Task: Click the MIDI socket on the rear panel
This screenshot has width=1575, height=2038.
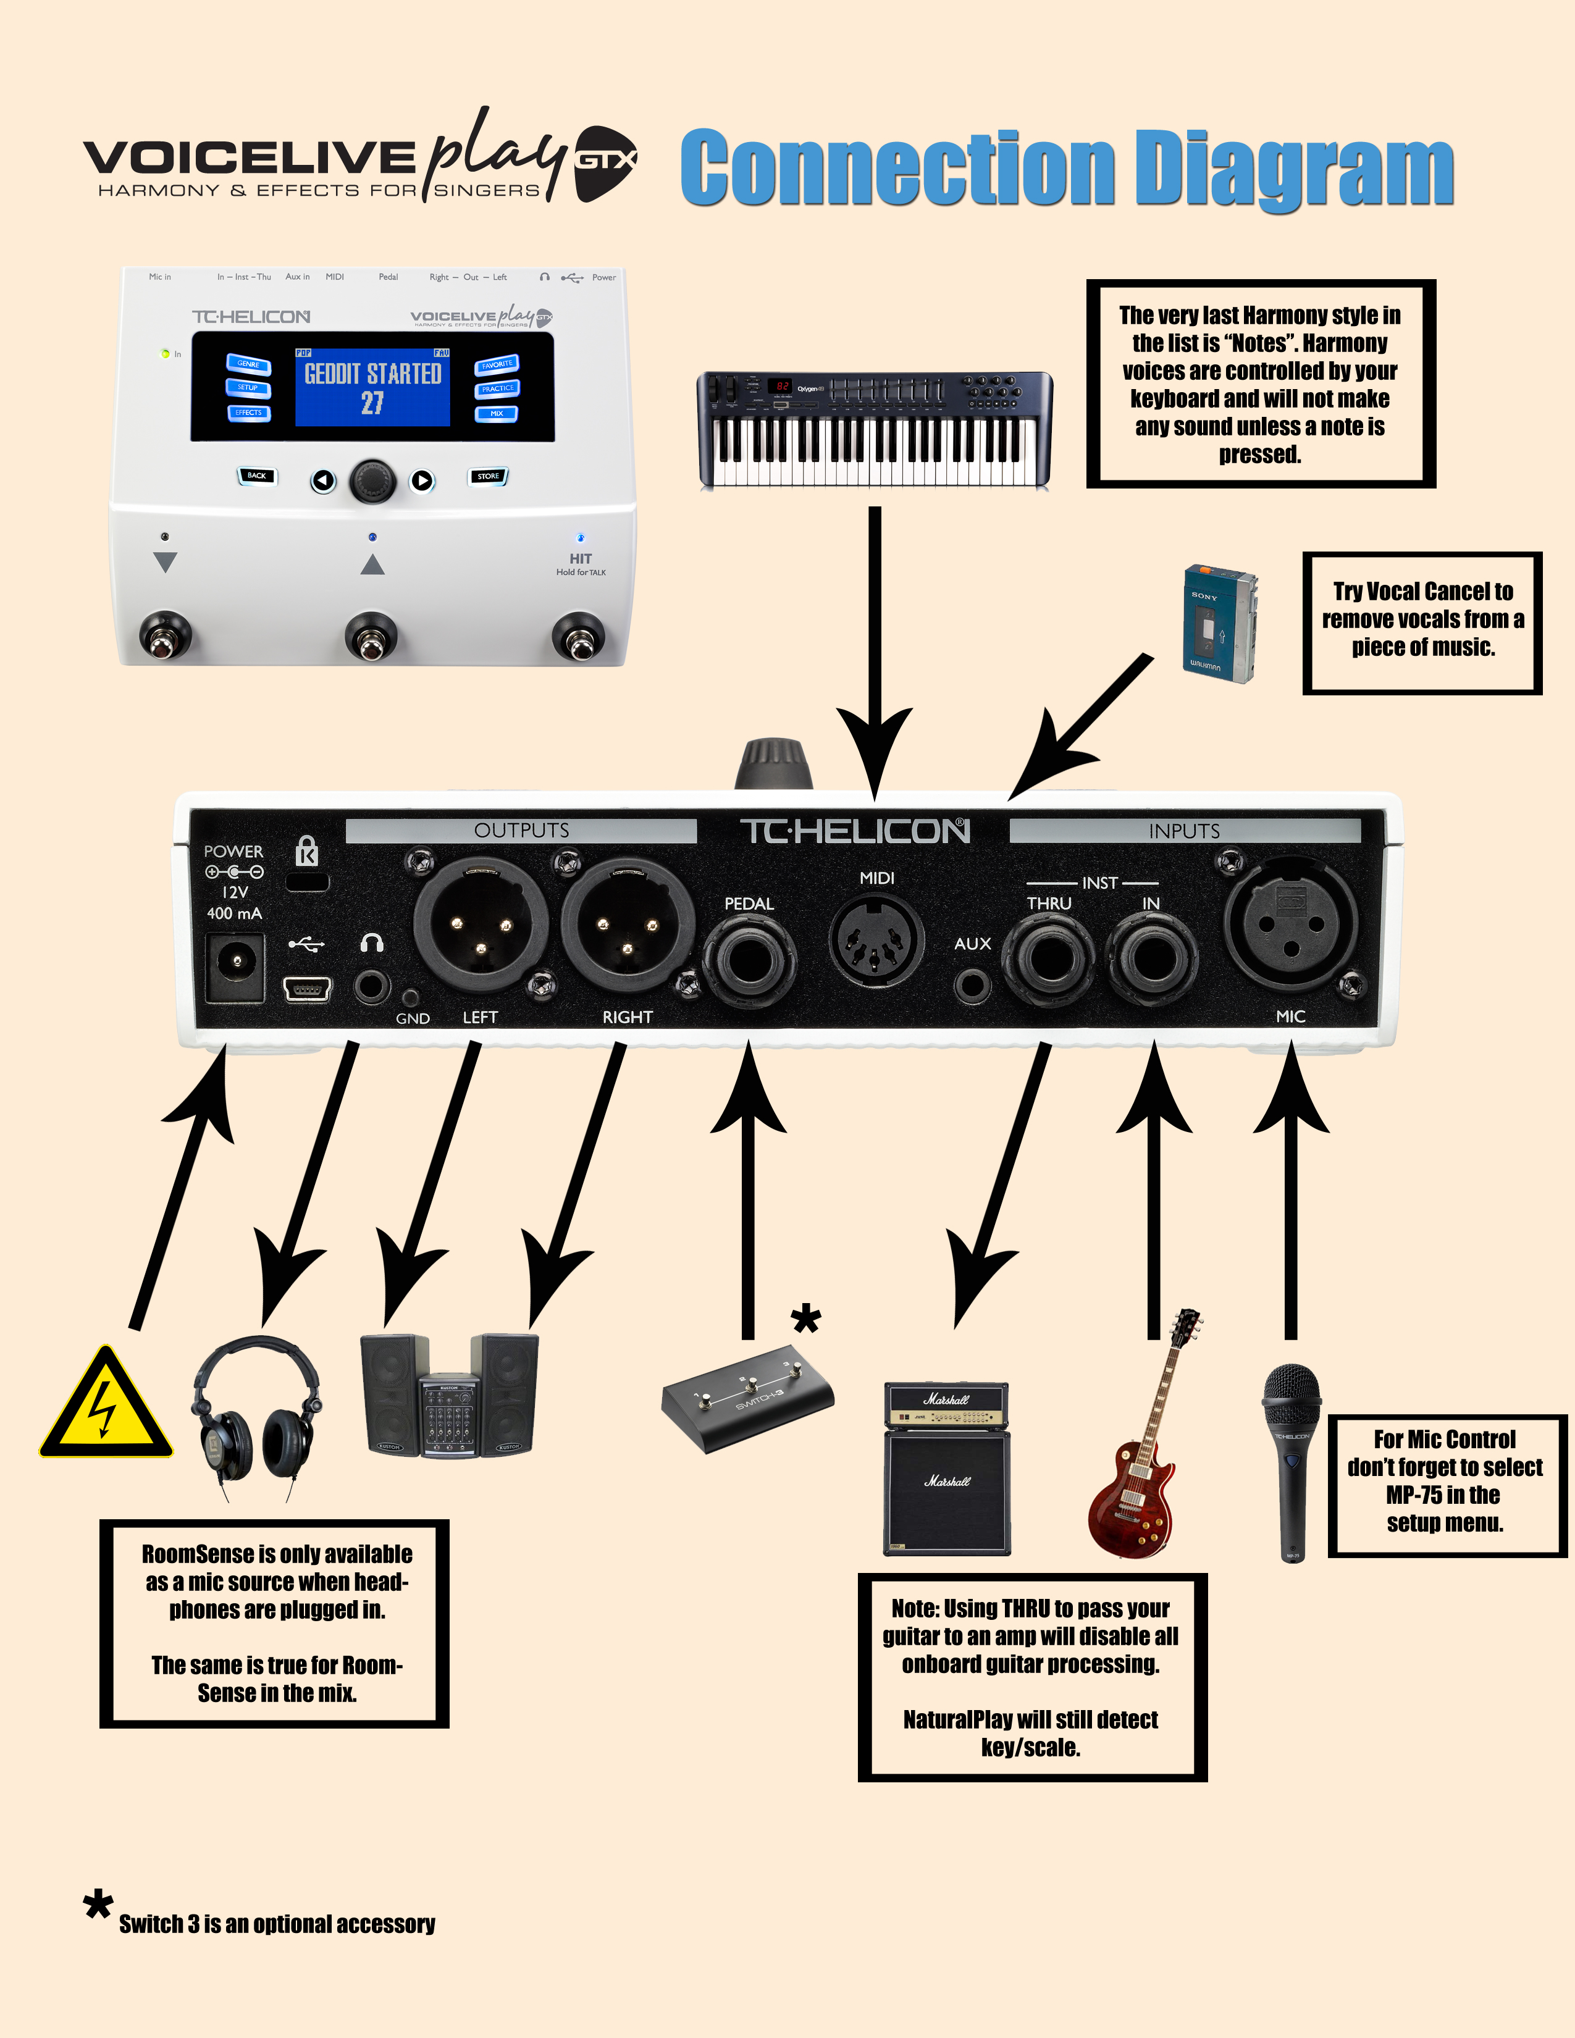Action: pos(875,940)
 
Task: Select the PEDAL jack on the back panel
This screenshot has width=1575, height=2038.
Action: pos(749,959)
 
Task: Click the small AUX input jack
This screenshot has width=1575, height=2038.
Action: pos(972,984)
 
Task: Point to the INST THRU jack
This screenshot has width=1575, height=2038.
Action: pos(1049,958)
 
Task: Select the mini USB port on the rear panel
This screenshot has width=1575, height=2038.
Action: pos(307,988)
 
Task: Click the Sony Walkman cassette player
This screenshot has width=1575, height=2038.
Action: pos(1219,623)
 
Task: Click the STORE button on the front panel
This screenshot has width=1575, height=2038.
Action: pos(488,476)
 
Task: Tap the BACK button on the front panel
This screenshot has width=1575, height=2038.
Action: pos(256,475)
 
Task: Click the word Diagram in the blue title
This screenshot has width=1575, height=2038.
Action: pos(1294,168)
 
